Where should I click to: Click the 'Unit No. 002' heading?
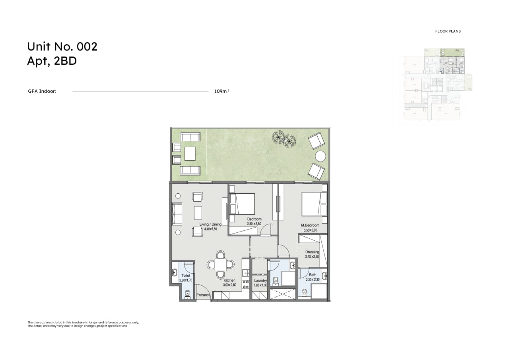point(62,47)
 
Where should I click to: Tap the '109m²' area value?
point(222,91)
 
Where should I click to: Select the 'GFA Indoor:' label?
point(42,91)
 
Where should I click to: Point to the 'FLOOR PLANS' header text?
point(448,31)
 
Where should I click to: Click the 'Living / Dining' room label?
point(210,224)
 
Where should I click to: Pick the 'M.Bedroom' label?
point(310,225)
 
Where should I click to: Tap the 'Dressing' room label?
point(312,252)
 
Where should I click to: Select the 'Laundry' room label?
point(260,280)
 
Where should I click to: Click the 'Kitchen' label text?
point(229,280)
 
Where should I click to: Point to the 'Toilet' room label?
point(186,275)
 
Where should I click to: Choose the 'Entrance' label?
point(203,295)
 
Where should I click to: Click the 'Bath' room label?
point(313,275)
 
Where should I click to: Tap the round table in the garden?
point(321,156)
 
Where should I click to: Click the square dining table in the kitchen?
point(221,265)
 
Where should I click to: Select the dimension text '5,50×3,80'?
point(310,230)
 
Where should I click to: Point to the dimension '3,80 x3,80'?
point(254,224)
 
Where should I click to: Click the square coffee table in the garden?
point(190,154)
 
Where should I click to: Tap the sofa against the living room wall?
point(177,214)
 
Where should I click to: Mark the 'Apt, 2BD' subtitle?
point(52,61)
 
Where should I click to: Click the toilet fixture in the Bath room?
point(305,293)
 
